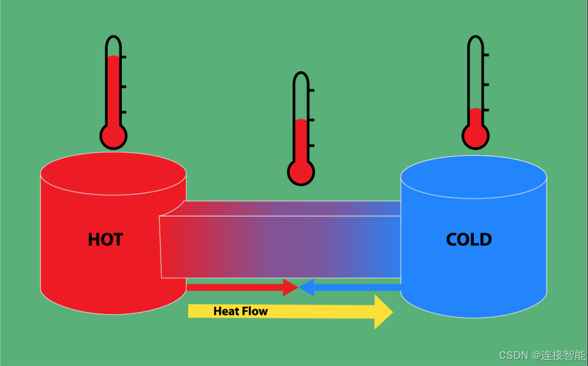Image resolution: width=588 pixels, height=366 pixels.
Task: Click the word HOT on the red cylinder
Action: pyautogui.click(x=105, y=239)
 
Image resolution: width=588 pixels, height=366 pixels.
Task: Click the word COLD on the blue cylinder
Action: pyautogui.click(x=469, y=239)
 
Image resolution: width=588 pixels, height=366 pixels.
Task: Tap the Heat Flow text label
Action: pyautogui.click(x=240, y=311)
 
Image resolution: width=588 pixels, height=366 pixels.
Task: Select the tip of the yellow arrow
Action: pyautogui.click(x=391, y=312)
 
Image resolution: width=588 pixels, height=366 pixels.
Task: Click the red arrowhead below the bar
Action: pyautogui.click(x=290, y=287)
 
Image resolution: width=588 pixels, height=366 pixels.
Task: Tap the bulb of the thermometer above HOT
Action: pyautogui.click(x=113, y=137)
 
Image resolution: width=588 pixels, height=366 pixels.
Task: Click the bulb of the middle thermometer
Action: pyautogui.click(x=301, y=172)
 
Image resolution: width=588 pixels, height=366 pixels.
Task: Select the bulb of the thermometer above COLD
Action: pyautogui.click(x=476, y=136)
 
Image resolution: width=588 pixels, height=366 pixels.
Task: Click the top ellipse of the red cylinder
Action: pyautogui.click(x=113, y=173)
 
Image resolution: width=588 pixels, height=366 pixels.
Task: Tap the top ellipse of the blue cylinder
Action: pyautogui.click(x=473, y=176)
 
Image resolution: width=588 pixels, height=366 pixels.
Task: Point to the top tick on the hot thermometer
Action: pyautogui.click(x=124, y=58)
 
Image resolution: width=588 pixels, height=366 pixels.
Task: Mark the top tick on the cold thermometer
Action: pyautogui.click(x=486, y=55)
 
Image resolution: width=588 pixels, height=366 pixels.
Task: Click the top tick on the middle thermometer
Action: pyautogui.click(x=311, y=90)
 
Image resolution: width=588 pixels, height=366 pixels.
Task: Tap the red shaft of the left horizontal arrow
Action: pyautogui.click(x=235, y=287)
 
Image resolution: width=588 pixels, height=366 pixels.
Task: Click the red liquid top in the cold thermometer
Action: pyautogui.click(x=476, y=110)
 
